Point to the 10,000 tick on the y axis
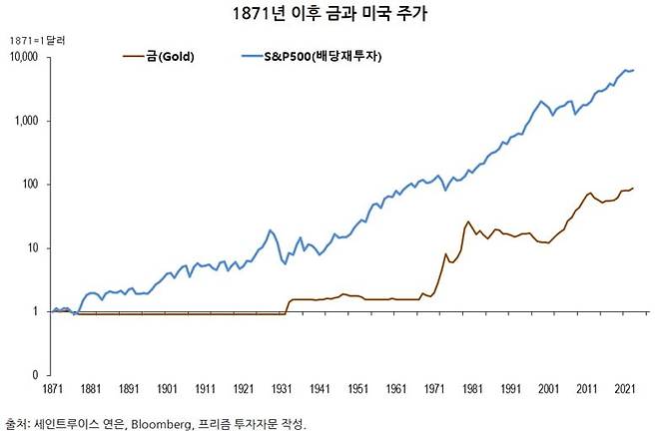(23, 57)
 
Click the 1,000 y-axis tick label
(27, 121)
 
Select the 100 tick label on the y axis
(30, 185)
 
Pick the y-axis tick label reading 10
(33, 248)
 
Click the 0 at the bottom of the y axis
(35, 375)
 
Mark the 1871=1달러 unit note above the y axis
(37, 38)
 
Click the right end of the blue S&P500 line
(633, 70)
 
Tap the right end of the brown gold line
(633, 188)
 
